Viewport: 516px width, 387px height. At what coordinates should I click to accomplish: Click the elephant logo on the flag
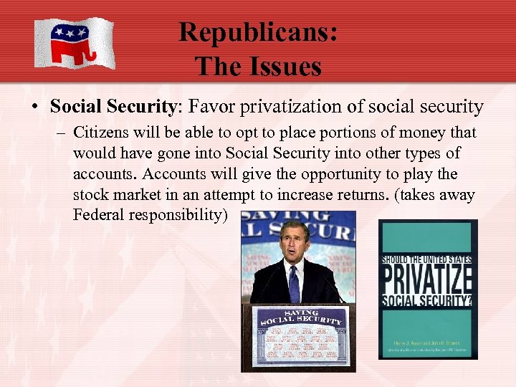(x=71, y=42)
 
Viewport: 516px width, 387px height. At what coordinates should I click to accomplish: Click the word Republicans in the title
(x=258, y=32)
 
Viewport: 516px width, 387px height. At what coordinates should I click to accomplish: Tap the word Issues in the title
(x=282, y=66)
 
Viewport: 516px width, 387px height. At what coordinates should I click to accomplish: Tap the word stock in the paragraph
(x=90, y=196)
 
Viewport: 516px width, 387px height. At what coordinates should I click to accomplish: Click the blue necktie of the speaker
(x=293, y=282)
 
